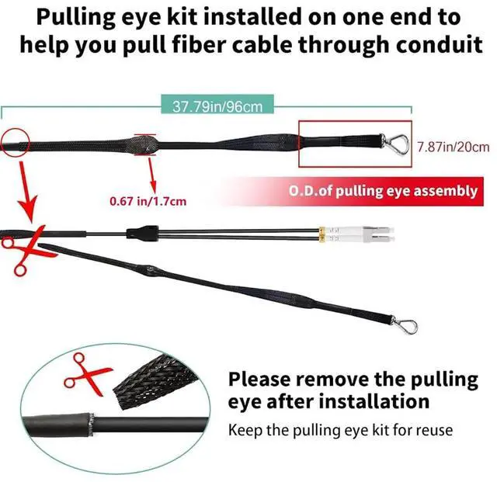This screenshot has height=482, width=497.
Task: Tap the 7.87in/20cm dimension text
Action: [454, 146]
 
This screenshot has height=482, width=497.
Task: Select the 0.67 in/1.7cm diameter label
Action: [148, 201]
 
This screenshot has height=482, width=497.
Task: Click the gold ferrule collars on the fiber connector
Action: [320, 231]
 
